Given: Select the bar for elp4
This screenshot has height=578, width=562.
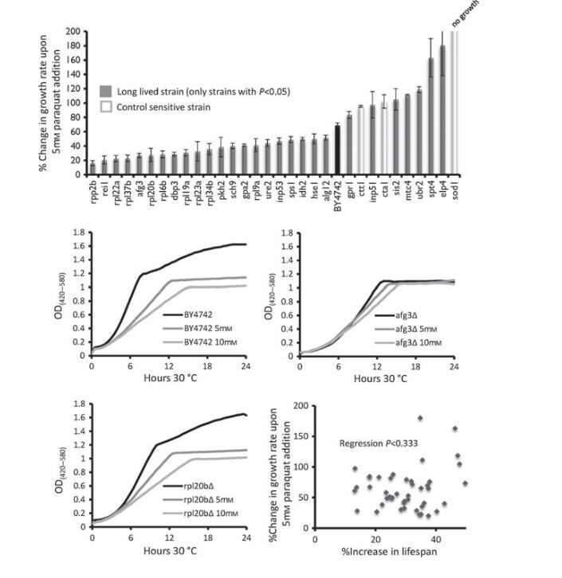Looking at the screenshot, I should point(442,111).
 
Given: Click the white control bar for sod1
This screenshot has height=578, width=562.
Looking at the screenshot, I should point(454,103).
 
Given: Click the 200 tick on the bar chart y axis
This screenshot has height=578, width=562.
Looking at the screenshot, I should point(73,31).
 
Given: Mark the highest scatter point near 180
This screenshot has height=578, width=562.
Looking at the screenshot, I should point(419,418).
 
